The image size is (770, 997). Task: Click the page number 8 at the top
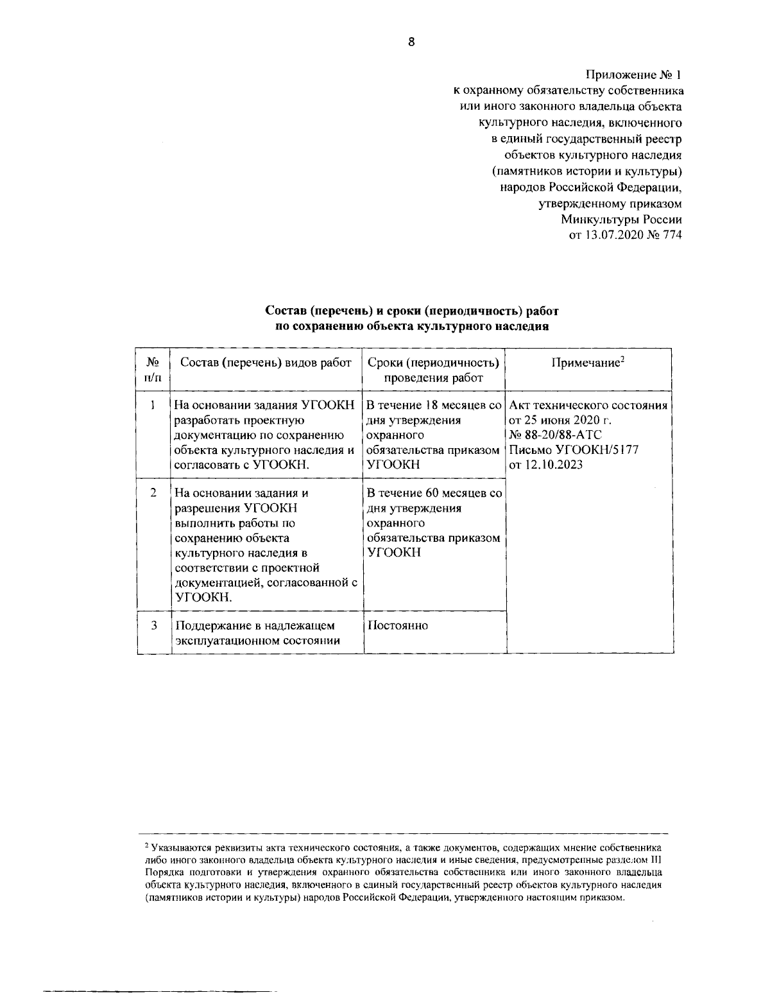pos(411,42)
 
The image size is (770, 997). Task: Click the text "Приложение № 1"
pos(633,75)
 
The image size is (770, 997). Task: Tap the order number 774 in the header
pos(671,235)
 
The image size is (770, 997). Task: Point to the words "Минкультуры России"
pos(620,220)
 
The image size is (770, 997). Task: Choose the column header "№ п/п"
pos(153,370)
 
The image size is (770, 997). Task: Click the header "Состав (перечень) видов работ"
pos(266,363)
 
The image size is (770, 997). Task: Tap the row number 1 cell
pos(153,406)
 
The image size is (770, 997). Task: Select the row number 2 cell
pos(153,493)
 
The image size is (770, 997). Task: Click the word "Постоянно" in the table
pos(397,625)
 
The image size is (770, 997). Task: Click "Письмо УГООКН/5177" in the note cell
pos(574,450)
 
